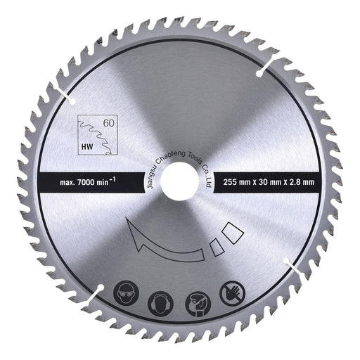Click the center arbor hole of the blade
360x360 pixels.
click(179, 181)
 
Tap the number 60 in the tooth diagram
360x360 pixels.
click(109, 123)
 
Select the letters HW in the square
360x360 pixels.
click(87, 147)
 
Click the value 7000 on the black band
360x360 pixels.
click(86, 182)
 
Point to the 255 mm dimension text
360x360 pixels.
click(237, 182)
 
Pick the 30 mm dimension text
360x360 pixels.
click(269, 182)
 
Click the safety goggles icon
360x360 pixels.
click(126, 293)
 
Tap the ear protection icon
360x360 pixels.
click(160, 304)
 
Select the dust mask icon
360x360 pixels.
click(198, 304)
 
